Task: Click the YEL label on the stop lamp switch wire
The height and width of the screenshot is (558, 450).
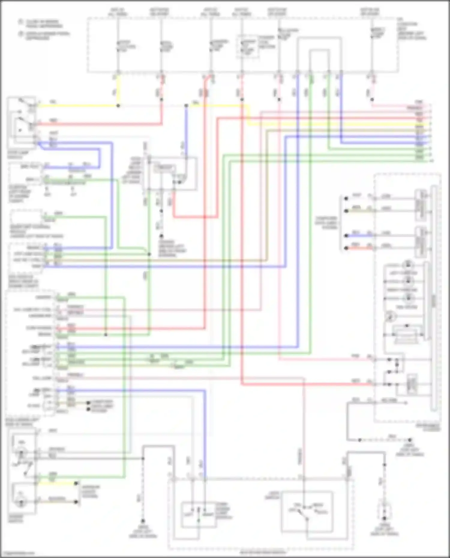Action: pos(53,102)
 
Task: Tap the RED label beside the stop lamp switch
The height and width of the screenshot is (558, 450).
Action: pos(53,121)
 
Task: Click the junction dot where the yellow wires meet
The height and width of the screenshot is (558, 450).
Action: pos(118,106)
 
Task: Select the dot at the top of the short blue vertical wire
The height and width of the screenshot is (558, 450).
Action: pos(186,106)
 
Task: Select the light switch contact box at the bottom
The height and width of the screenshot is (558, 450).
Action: pos(307,511)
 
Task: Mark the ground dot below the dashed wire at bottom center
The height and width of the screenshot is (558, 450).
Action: pos(143,521)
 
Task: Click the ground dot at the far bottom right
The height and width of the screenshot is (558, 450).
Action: pos(384,518)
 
